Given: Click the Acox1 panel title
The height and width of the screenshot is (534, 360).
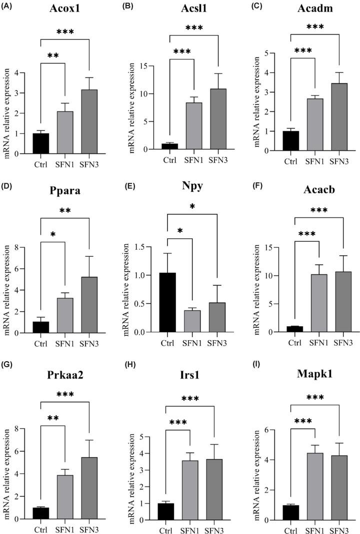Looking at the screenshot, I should pyautogui.click(x=59, y=10).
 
